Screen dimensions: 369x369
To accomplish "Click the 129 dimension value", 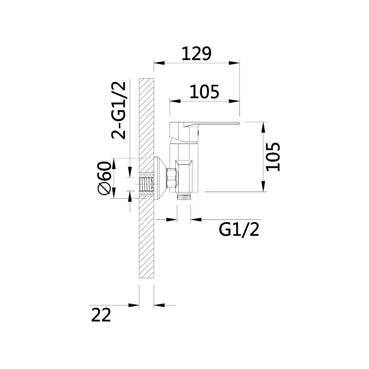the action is (x=197, y=54).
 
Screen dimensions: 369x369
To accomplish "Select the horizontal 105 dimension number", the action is (x=204, y=92).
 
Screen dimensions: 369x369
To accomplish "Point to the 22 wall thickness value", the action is (x=101, y=315).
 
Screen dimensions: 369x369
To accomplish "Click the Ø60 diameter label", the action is (x=104, y=178).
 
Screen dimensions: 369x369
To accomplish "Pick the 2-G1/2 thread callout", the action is (x=119, y=110).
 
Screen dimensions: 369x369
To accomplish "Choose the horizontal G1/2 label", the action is (x=239, y=230).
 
